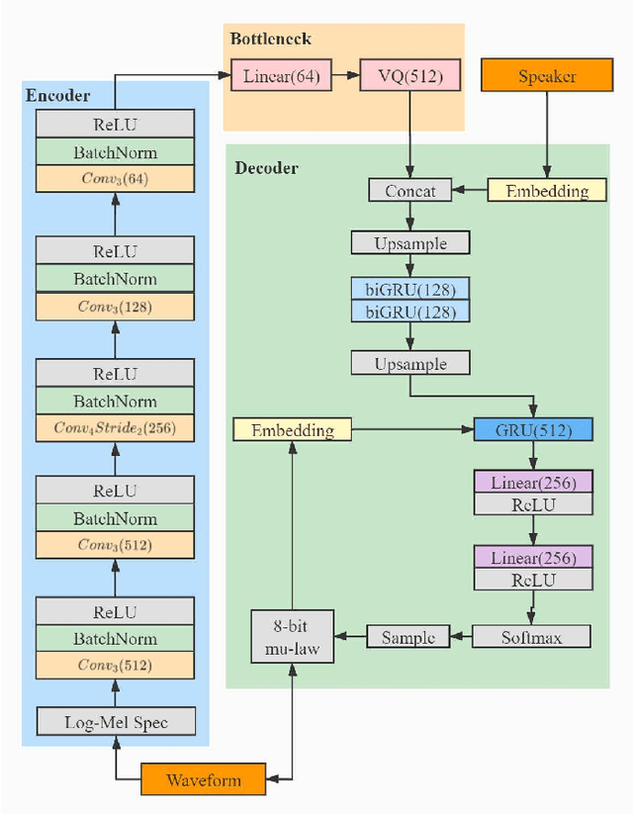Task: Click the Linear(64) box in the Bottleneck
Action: click(x=282, y=75)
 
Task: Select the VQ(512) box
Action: click(x=409, y=75)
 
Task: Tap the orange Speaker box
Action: click(x=547, y=75)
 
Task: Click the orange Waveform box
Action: click(x=204, y=778)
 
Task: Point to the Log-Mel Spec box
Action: click(x=116, y=722)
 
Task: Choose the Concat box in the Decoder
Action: click(x=409, y=190)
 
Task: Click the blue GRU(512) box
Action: click(x=533, y=429)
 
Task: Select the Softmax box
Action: click(x=531, y=636)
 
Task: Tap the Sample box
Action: click(x=408, y=636)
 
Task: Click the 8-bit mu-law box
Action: click(x=291, y=636)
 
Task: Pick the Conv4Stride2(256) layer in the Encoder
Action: click(x=115, y=428)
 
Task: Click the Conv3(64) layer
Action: click(x=115, y=179)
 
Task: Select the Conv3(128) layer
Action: click(x=115, y=306)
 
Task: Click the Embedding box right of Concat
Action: click(x=547, y=190)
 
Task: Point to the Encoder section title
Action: click(x=57, y=96)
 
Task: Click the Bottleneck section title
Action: click(x=270, y=40)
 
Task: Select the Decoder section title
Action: click(x=266, y=168)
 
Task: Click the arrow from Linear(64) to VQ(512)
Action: click(x=345, y=75)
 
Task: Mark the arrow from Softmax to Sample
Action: click(x=461, y=636)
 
